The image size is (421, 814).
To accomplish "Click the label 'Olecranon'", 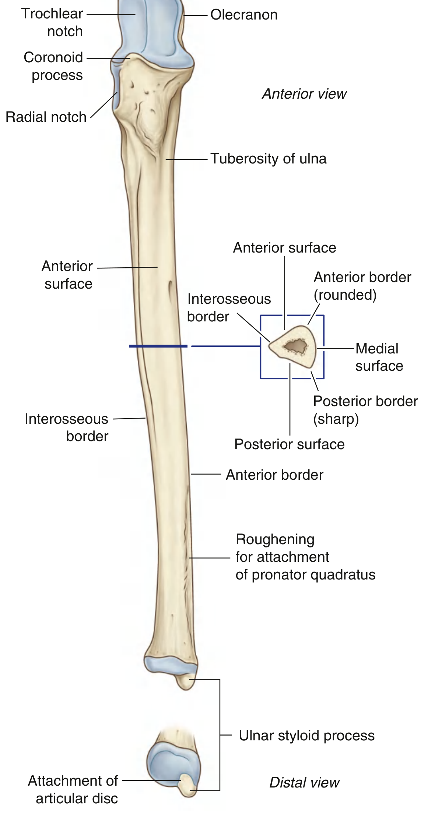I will [244, 15].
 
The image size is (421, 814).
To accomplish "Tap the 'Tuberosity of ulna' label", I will [268, 159].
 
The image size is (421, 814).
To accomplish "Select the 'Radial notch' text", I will [46, 117].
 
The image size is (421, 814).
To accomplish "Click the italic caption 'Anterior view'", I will [304, 94].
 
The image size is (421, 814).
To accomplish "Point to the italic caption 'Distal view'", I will [304, 782].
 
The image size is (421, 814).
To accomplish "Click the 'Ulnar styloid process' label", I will [306, 736].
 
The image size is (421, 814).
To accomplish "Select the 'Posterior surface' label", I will [290, 444].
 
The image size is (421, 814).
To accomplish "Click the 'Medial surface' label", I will [379, 357].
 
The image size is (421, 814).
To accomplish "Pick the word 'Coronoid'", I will [53, 57].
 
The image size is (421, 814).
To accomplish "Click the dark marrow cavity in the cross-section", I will [295, 346].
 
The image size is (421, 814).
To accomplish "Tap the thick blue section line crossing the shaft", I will [158, 346].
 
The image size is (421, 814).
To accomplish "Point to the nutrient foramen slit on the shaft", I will [171, 291].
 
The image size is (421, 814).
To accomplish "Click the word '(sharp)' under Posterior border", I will [336, 419].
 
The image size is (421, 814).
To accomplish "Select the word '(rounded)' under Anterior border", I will [345, 295].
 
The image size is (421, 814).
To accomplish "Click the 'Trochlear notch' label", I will [53, 22].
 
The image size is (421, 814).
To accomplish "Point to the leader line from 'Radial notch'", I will [104, 105].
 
